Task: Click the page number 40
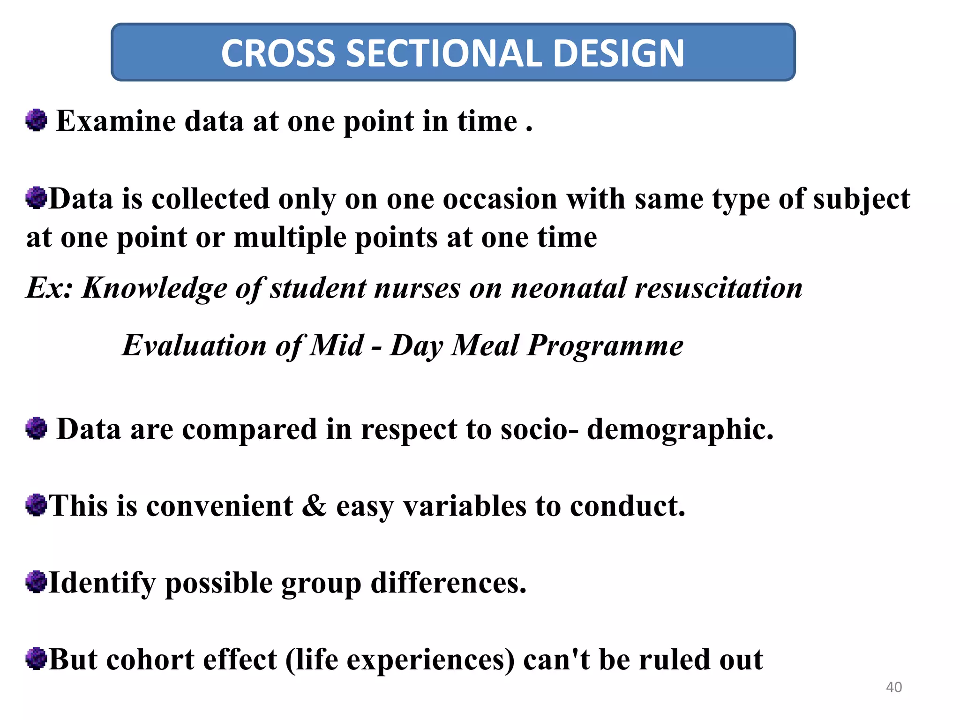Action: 894,687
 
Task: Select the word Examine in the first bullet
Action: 116,121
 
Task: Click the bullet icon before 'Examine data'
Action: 36,120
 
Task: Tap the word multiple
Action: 289,238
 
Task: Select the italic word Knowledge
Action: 155,288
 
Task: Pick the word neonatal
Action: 568,288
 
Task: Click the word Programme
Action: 605,346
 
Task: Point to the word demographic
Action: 680,429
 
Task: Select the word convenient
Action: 219,506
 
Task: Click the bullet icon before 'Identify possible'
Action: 36,582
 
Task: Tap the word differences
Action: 449,583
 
